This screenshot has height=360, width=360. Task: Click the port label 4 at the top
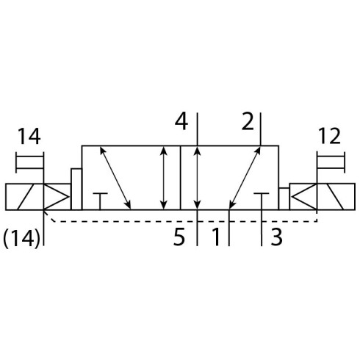pos(181,122)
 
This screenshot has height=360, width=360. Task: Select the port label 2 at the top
pos(248,121)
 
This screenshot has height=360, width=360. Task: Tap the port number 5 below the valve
pos(179,237)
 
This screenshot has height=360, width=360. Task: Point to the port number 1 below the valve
pos(215,237)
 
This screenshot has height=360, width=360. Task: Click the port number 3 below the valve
pos(276,237)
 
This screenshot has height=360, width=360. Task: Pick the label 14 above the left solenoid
pos(29,137)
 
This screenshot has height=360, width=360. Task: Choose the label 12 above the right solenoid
pos(329,136)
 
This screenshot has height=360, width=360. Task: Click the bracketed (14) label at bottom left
pos(21,239)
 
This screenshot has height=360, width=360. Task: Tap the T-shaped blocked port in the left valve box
pos(100,201)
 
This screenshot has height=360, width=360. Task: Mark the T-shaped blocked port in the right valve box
pos(262,201)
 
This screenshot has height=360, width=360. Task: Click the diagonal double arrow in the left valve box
pos(115,178)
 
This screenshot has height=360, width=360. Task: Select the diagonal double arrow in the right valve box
pos(245,178)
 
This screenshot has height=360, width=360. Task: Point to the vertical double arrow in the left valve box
pos(164,178)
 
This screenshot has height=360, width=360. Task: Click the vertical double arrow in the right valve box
pos(197,178)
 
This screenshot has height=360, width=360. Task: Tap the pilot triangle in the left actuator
pos(56,197)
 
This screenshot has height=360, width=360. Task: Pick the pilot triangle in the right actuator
pos(303,197)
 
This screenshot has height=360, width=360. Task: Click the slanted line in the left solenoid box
pos(26,197)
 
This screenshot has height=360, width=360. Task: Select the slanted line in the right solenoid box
pos(335,197)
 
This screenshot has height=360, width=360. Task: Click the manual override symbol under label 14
pos(29,162)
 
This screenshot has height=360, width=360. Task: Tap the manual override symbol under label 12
pos(331,162)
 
